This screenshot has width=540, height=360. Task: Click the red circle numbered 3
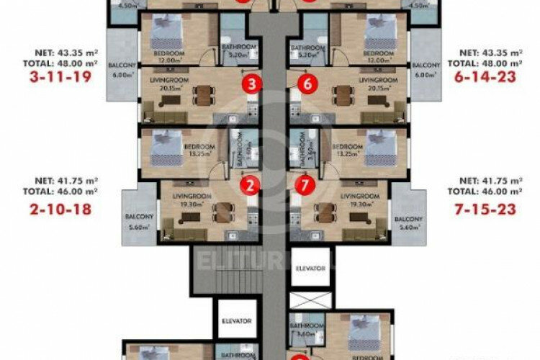tap(251, 85)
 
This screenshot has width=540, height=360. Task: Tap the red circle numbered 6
tap(307, 85)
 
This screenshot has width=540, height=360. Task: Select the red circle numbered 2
tap(250, 186)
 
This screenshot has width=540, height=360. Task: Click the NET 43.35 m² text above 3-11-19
tap(62, 53)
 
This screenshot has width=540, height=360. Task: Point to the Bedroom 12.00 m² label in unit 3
tap(168, 57)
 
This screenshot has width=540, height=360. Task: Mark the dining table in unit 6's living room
tap(340, 96)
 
